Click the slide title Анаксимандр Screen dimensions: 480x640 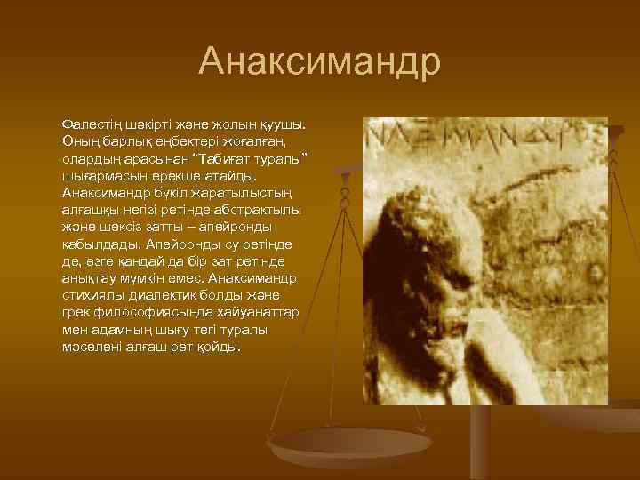coord(320,61)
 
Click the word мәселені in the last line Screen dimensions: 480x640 coord(92,347)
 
